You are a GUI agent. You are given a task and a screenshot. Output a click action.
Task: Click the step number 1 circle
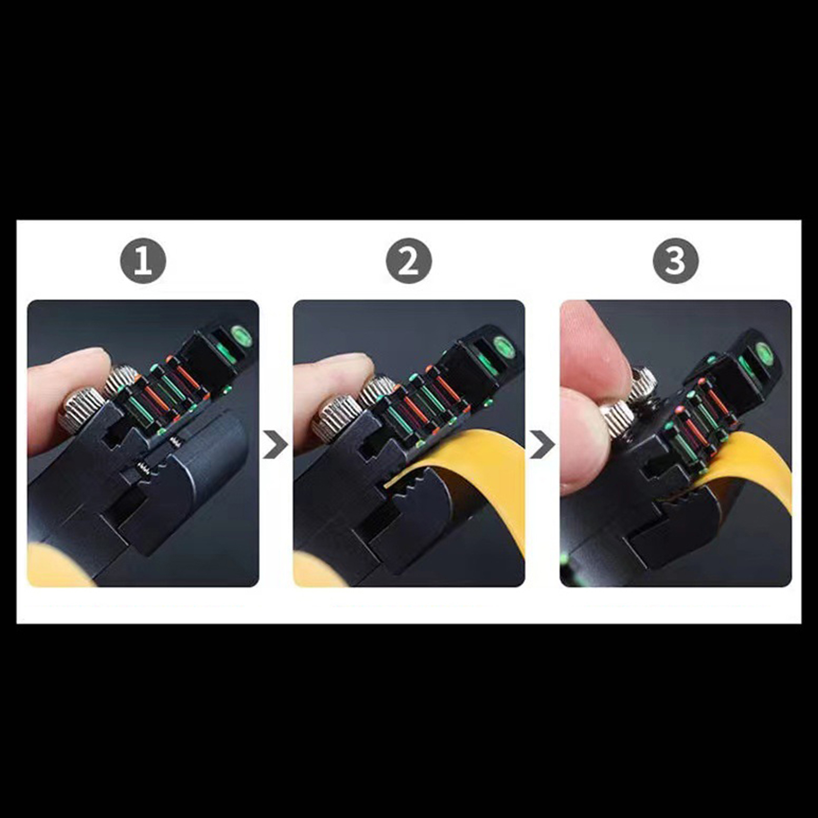(143, 261)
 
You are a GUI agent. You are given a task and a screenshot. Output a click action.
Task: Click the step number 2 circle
(408, 261)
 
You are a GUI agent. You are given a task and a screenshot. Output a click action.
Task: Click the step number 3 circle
(675, 261)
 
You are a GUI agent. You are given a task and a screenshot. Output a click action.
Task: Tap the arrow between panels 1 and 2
(276, 444)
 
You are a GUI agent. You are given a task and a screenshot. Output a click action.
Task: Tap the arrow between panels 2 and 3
(542, 444)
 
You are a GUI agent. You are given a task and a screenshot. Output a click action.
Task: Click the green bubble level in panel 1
(241, 335)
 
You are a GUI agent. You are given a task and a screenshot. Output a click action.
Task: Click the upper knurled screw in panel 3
(642, 383)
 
